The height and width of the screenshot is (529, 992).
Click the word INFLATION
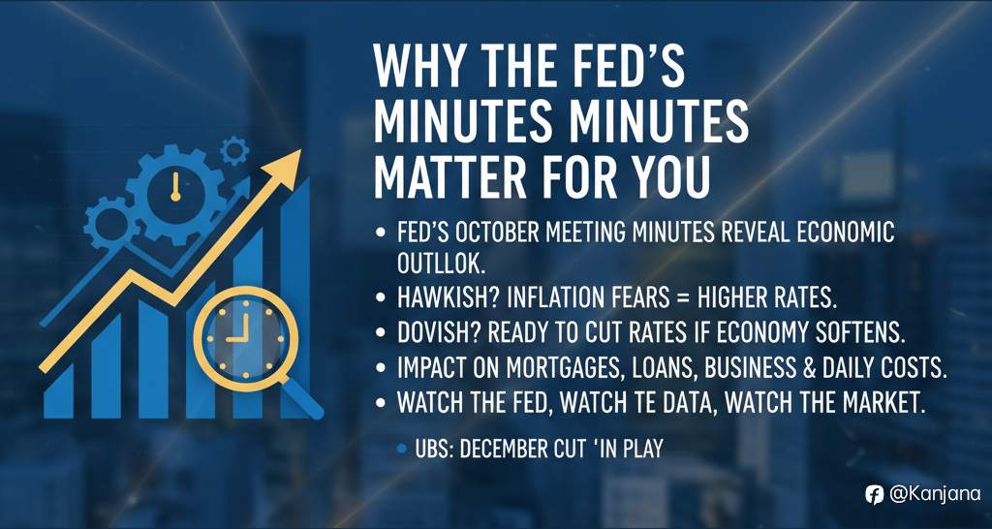click(562, 296)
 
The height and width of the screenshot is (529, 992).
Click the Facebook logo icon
click(874, 494)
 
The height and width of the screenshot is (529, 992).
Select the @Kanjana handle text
click(928, 494)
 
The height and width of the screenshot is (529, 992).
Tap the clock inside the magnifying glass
click(235, 327)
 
